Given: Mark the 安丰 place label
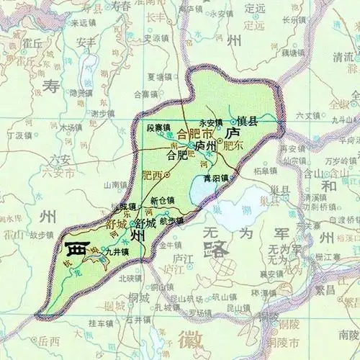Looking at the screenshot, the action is [x=86, y=42].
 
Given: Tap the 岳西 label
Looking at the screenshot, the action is [x=49, y=341].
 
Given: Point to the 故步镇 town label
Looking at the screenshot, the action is [x=42, y=234].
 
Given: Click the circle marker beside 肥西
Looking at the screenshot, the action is [x=167, y=174].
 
